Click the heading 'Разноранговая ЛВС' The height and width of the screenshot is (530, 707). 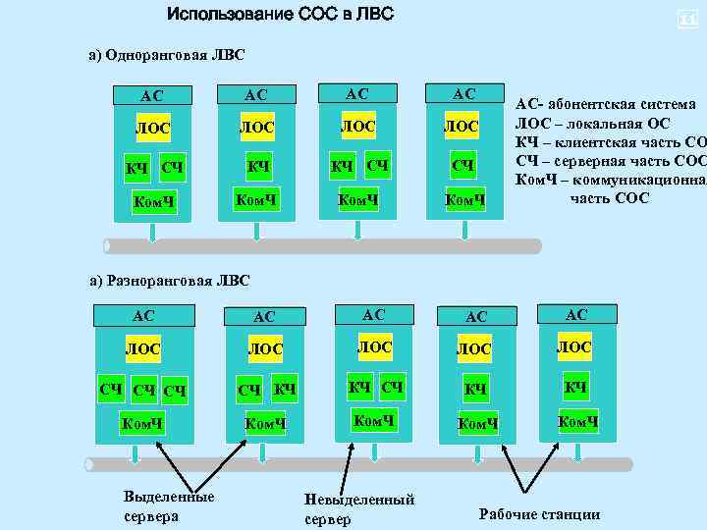coord(169,281)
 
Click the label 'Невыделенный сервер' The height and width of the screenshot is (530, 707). coord(359,509)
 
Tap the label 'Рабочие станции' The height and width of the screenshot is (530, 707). coord(539,514)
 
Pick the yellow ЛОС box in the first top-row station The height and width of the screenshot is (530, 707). coord(151,128)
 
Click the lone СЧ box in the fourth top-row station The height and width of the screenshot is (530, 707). coord(463,164)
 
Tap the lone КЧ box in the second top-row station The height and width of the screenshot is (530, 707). coord(257,166)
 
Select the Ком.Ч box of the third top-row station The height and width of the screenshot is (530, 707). coord(359,200)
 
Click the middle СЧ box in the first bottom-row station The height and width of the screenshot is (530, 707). coord(143,391)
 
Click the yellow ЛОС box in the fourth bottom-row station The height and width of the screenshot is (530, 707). coord(474,348)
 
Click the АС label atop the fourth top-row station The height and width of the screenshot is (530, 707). coord(463,93)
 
